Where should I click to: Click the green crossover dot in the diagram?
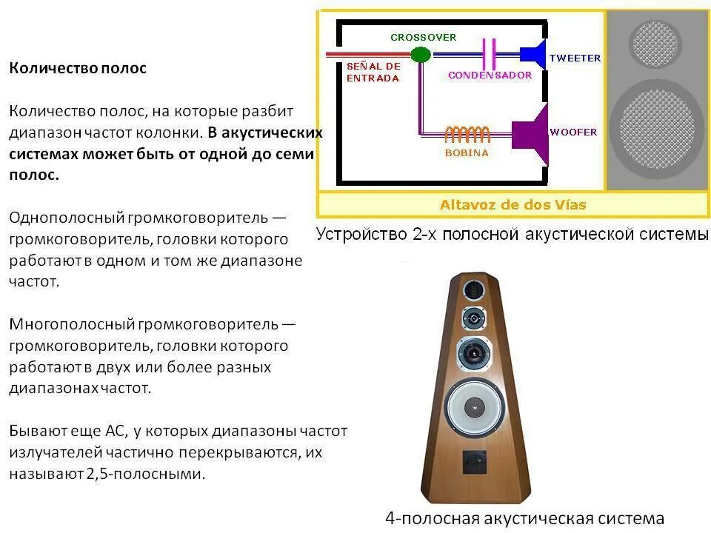pos(420,54)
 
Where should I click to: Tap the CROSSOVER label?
pos(424,37)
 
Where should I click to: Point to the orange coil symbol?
pos(467,134)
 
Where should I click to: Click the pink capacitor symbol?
pos(489,53)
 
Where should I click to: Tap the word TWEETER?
pos(575,58)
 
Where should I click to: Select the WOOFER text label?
pos(573,132)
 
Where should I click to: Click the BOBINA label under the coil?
pos(467,153)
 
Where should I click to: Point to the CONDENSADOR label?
pos(490,76)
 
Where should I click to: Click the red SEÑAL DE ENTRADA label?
pos(373,72)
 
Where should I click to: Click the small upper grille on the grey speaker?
pos(655,42)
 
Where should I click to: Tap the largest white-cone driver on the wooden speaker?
pos(474,406)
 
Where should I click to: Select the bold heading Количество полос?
pos(78,68)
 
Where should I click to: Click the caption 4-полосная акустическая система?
pos(525,518)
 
